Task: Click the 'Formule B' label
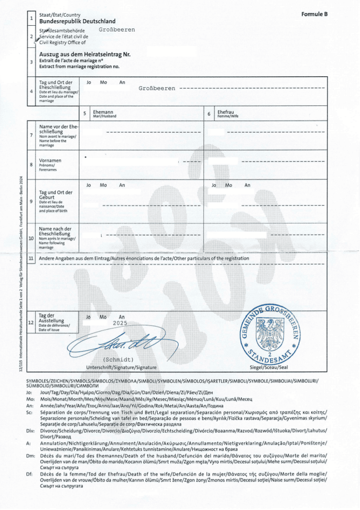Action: point(314,14)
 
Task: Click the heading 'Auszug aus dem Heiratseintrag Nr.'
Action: point(85,54)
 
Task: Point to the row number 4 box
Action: point(31,92)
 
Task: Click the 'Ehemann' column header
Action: point(102,112)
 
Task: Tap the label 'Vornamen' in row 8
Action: point(50,160)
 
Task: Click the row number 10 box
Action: point(31,238)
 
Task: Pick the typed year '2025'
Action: point(119,323)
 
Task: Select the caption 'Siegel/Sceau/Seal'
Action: point(269,367)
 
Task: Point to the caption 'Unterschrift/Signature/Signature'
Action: point(121,367)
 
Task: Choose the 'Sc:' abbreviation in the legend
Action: point(29,412)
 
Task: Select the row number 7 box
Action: point(31,135)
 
